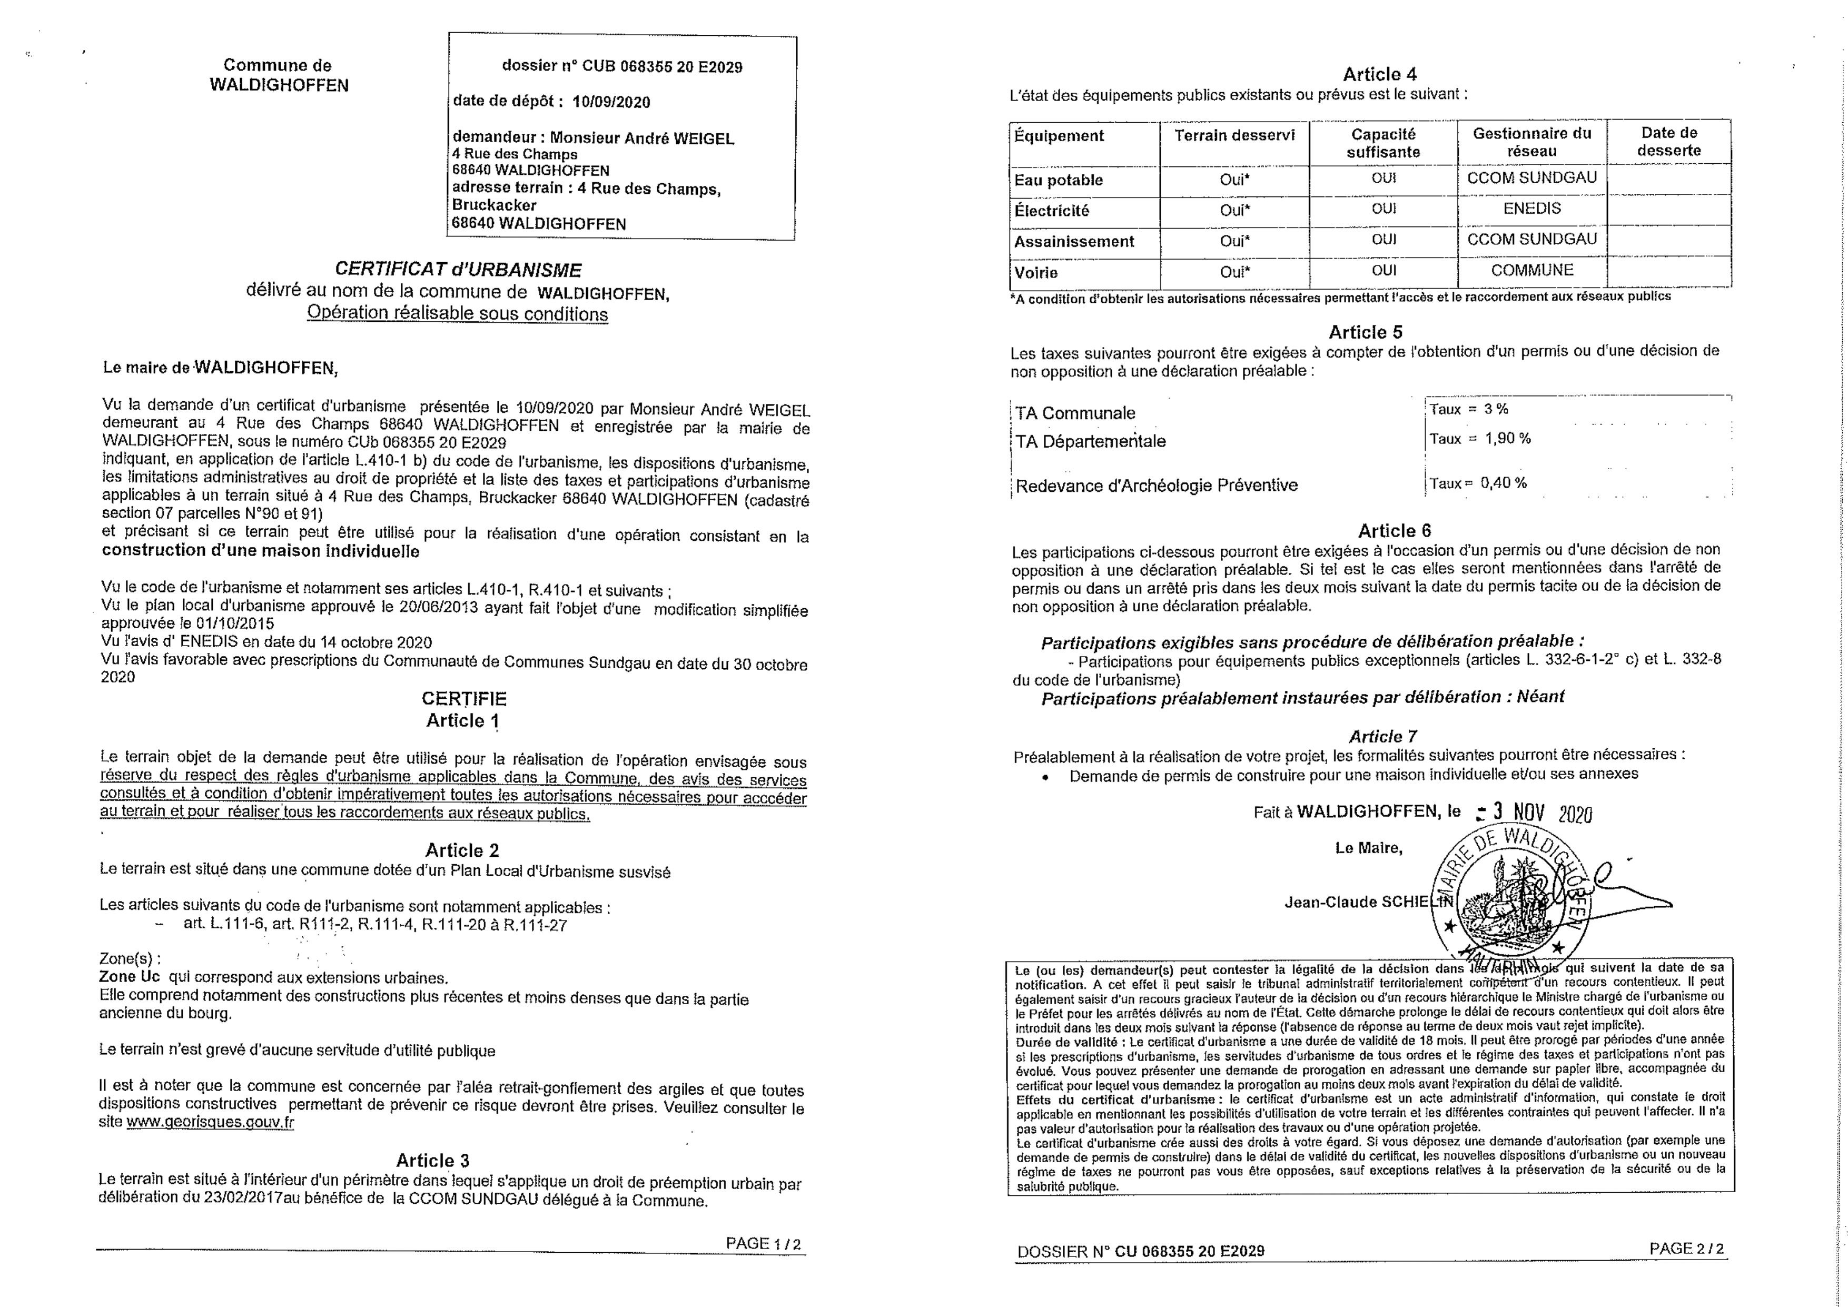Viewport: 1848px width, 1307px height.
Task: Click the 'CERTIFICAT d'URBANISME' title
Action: pos(458,270)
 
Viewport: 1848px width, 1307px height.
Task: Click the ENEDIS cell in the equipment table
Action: pos(1531,209)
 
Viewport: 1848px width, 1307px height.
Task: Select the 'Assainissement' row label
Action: pos(1074,241)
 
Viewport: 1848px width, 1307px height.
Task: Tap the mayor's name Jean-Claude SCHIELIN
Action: pos(1368,902)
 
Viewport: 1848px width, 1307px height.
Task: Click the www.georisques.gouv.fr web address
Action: pos(210,1122)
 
